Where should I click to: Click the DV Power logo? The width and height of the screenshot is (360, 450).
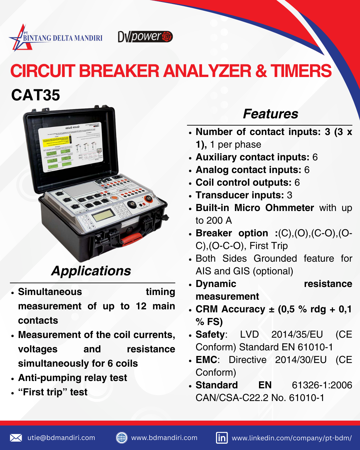tap(145, 36)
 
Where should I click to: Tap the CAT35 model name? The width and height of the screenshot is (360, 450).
tap(36, 95)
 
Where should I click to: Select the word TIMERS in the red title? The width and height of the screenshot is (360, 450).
tap(301, 71)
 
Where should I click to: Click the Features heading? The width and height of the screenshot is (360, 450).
tap(270, 114)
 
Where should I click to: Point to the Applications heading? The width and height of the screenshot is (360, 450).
tap(91, 271)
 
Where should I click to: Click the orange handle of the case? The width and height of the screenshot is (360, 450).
tap(131, 238)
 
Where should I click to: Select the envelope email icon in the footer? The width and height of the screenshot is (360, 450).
tap(16, 438)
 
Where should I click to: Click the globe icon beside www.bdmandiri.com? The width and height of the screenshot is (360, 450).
tap(122, 438)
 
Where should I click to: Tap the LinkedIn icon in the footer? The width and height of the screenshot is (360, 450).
tap(222, 438)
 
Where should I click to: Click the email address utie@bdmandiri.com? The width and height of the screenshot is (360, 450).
tap(61, 438)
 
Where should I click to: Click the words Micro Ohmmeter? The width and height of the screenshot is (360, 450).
tap(274, 208)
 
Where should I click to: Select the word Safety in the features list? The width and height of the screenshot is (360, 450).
tap(210, 334)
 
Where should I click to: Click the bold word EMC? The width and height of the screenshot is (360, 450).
tap(206, 360)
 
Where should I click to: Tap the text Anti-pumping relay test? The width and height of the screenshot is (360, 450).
tap(72, 378)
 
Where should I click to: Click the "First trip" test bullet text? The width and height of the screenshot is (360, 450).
tap(53, 392)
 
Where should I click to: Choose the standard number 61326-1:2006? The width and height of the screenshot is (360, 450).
tap(322, 385)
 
